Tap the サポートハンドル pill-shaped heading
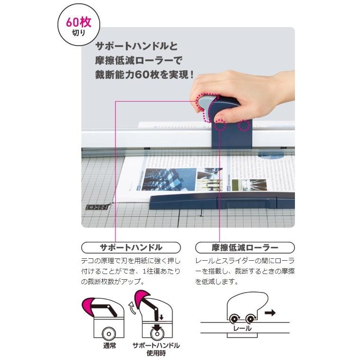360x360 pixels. coord(131,247)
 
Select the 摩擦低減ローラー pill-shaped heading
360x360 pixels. coord(245,247)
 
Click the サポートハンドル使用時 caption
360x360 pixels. coord(156,349)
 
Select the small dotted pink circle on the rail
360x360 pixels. coord(244,126)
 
